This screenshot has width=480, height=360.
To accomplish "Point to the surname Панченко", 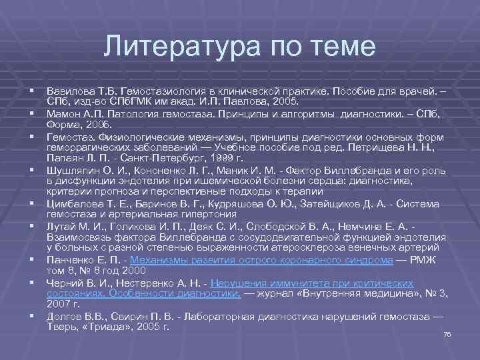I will coord(69,261).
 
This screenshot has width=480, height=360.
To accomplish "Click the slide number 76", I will coord(447,334).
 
